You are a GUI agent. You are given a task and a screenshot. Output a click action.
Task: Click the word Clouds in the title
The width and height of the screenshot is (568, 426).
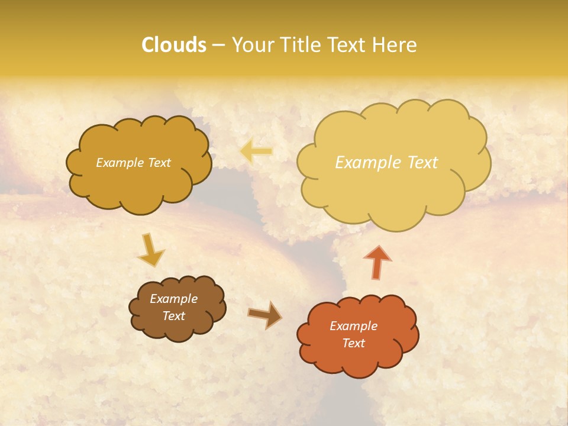(174, 45)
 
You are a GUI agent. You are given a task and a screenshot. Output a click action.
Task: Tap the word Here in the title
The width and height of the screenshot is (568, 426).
(395, 45)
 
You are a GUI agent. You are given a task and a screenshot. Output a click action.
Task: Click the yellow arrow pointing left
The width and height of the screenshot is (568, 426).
(256, 151)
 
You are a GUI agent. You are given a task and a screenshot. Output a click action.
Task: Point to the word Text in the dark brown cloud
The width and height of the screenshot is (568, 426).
(174, 316)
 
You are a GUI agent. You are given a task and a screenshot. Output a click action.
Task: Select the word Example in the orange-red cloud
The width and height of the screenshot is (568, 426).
(353, 326)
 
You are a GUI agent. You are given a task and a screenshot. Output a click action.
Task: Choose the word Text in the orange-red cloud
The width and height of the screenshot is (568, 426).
(353, 343)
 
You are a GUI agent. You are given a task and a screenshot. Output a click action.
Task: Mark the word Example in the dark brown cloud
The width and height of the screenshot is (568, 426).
(174, 299)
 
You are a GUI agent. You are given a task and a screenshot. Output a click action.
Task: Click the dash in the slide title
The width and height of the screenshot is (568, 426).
(218, 45)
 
